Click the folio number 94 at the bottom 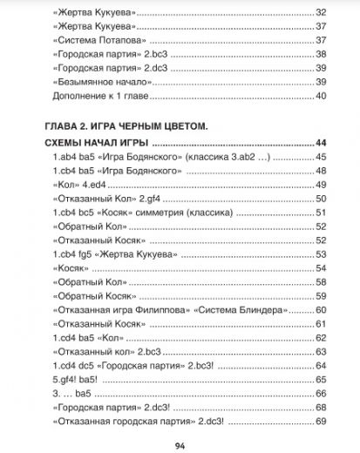pyautogui.click(x=180, y=445)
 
